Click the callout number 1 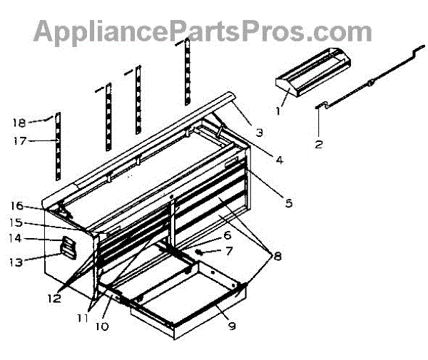pos(279,110)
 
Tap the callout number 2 pos(319,144)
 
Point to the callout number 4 pos(280,160)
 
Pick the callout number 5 pos(288,202)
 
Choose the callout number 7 pos(229,251)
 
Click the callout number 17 pos(19,141)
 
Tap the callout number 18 pos(19,122)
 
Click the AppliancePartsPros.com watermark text pos(203,31)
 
